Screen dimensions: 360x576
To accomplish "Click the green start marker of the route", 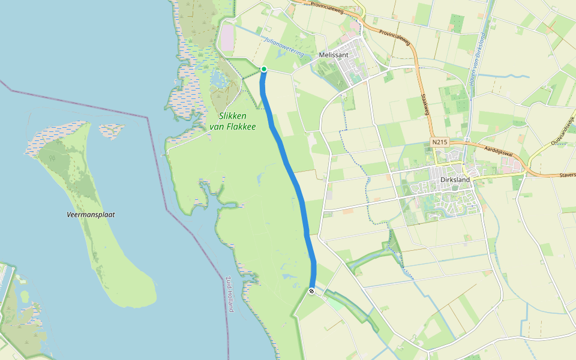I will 263,69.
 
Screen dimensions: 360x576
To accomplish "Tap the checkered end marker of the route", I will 311,291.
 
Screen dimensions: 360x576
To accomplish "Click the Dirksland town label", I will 455,179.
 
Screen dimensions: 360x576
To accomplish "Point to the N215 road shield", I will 439,142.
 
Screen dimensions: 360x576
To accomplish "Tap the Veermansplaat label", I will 91,214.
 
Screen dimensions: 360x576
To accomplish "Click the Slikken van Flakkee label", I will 233,121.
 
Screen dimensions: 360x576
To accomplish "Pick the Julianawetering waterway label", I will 283,47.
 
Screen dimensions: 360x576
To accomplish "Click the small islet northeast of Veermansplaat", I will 112,129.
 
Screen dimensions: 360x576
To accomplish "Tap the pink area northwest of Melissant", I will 227,38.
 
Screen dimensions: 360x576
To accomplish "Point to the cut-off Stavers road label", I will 565,175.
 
